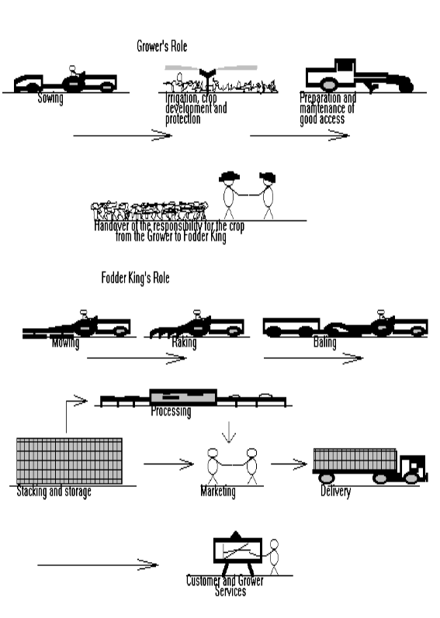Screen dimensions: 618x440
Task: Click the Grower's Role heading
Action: [x=161, y=47]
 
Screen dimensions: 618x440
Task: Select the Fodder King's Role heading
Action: [x=135, y=278]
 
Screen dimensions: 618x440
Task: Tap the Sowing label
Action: [x=50, y=99]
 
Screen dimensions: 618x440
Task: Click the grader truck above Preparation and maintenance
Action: [x=357, y=76]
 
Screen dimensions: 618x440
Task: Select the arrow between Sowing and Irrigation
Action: [x=122, y=136]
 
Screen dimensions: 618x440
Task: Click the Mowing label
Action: [x=65, y=342]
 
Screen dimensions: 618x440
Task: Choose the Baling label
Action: [x=324, y=342]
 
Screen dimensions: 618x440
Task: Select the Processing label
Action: [x=171, y=411]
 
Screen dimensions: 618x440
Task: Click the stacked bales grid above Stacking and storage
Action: [x=69, y=461]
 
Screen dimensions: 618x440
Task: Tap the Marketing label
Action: [x=217, y=492]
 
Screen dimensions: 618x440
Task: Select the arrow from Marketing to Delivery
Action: [x=289, y=464]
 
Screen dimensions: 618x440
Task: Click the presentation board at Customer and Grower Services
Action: [x=237, y=552]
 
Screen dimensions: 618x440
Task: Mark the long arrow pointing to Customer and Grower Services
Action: [x=97, y=564]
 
